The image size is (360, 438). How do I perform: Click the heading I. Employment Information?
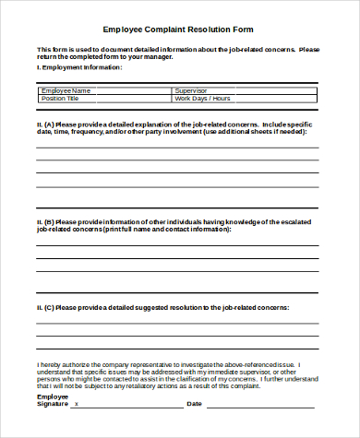[79, 67]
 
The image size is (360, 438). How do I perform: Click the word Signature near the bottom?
[53, 403]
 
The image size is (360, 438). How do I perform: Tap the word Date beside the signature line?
[195, 403]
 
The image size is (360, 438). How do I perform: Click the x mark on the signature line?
[76, 403]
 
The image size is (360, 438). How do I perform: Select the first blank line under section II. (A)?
[177, 148]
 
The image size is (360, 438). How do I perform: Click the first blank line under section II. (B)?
[177, 246]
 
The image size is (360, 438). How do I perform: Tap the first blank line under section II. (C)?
[177, 324]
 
